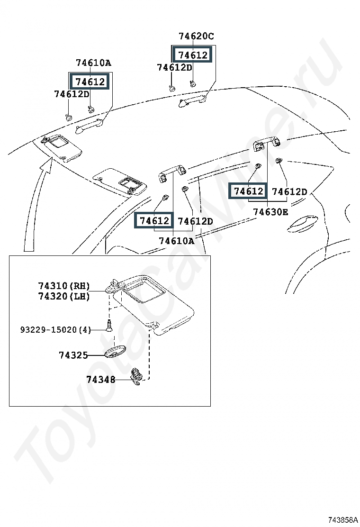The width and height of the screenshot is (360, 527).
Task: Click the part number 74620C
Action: [x=196, y=36]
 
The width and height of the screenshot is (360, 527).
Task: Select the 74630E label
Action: [x=270, y=212]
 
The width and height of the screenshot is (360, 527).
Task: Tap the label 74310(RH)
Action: [x=64, y=286]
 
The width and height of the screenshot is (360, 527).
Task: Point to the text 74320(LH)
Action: [x=64, y=296]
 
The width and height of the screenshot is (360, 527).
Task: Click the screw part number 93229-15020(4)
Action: [x=56, y=330]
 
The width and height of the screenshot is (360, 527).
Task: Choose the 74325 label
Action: [x=73, y=355]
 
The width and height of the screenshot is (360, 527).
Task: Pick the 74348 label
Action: [x=101, y=380]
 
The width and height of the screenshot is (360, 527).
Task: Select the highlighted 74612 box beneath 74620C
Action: [x=193, y=55]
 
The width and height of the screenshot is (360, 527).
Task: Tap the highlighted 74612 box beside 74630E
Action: [x=248, y=191]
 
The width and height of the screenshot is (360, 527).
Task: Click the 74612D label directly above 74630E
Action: [x=289, y=191]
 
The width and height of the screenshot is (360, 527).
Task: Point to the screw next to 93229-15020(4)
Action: [x=109, y=326]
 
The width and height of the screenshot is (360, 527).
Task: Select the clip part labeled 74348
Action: [x=136, y=376]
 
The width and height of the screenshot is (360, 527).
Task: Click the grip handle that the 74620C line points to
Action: [x=192, y=100]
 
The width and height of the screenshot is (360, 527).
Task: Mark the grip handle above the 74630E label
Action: [x=267, y=143]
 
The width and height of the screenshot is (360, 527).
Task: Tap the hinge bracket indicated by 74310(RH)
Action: [x=114, y=286]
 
